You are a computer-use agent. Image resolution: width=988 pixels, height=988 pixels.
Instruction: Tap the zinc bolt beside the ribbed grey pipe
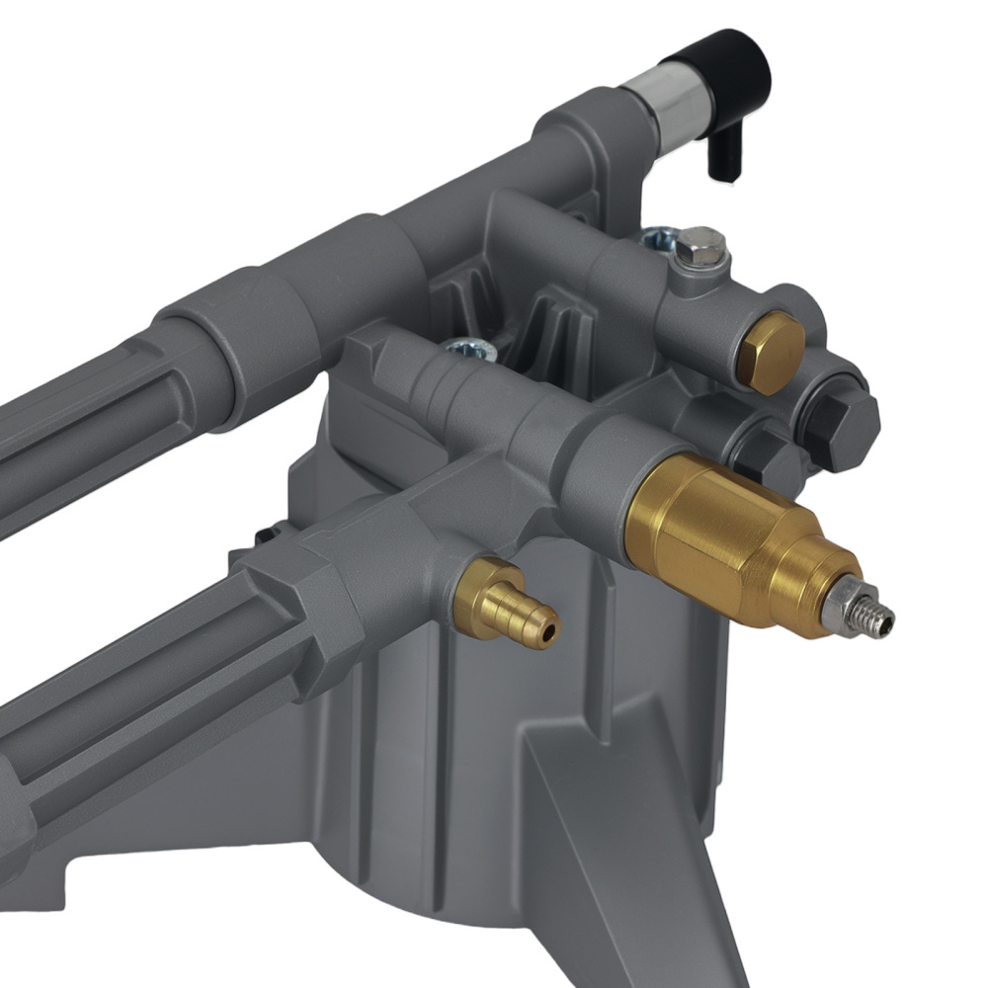462,348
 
